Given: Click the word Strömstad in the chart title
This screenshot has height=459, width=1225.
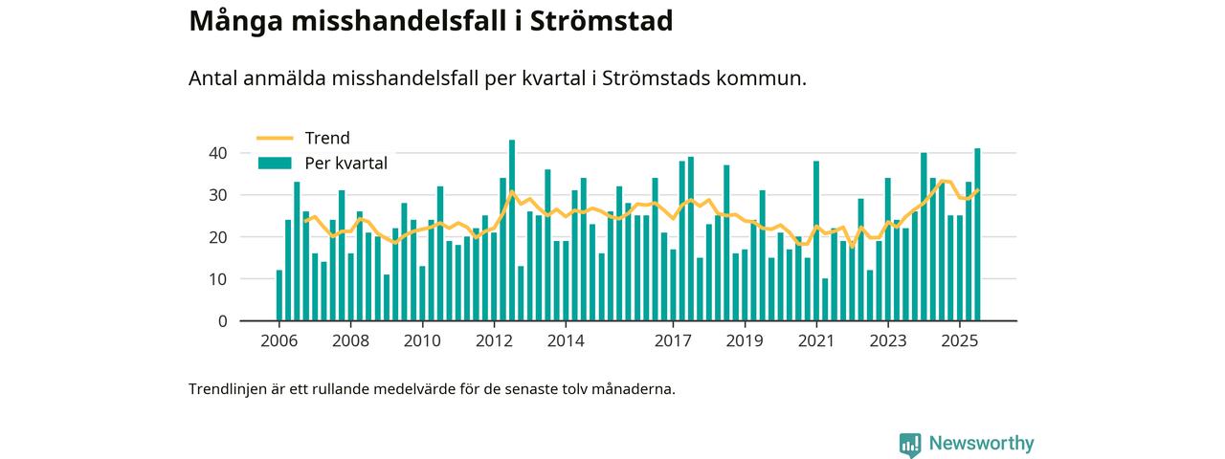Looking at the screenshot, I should pyautogui.click(x=608, y=21).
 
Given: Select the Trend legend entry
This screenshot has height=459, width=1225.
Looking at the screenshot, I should pyautogui.click(x=326, y=139).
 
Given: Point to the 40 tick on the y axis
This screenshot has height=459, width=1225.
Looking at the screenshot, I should pyautogui.click(x=217, y=153).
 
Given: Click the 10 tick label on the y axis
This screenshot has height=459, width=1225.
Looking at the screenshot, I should pyautogui.click(x=217, y=279).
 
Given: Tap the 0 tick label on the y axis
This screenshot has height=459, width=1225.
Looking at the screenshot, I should pyautogui.click(x=222, y=321).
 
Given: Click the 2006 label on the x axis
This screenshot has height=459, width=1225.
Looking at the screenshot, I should pyautogui.click(x=278, y=341).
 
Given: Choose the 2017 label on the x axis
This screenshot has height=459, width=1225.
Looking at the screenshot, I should pyautogui.click(x=673, y=341).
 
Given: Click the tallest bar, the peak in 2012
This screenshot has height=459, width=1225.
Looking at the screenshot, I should pyautogui.click(x=512, y=229).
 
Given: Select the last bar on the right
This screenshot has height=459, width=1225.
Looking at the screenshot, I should pyautogui.click(x=977, y=234).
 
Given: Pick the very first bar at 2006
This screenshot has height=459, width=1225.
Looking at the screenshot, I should pyautogui.click(x=279, y=295).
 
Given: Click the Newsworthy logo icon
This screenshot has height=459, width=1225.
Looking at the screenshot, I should pyautogui.click(x=909, y=444).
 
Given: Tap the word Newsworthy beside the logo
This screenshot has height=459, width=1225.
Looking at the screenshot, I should pyautogui.click(x=981, y=444).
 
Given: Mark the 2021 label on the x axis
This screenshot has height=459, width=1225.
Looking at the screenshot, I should pyautogui.click(x=816, y=341).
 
